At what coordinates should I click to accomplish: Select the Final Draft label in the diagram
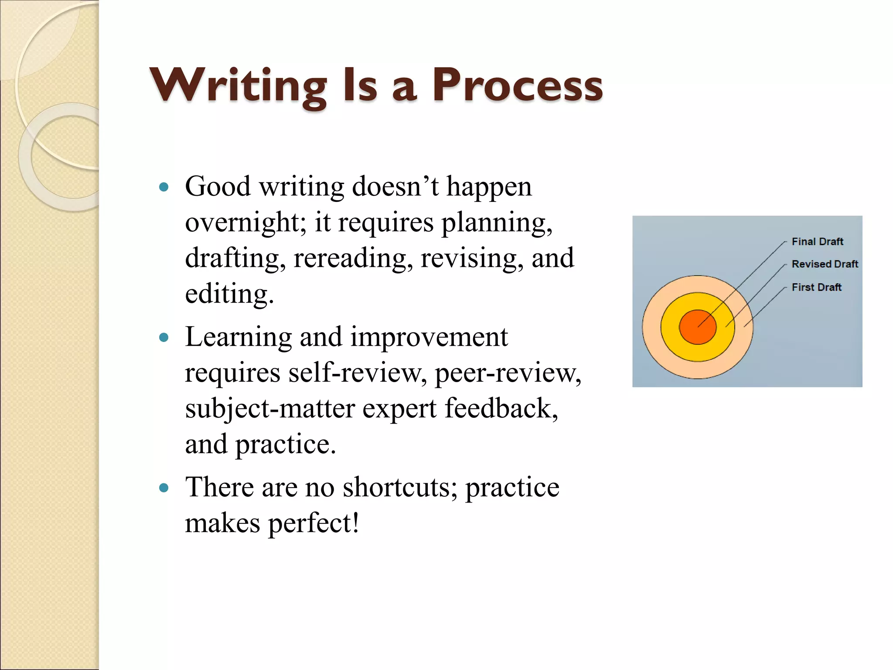(x=817, y=242)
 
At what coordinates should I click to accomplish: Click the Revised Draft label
(x=825, y=264)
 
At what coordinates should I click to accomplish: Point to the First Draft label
(x=816, y=287)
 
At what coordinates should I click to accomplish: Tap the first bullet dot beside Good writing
(x=164, y=188)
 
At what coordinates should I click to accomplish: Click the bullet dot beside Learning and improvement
(x=164, y=338)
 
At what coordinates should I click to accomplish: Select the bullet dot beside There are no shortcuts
(x=164, y=488)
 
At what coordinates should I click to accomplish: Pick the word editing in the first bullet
(x=229, y=294)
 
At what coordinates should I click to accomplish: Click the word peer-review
(x=508, y=373)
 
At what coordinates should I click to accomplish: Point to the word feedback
(x=501, y=409)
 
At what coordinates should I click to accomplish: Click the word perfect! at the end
(x=313, y=523)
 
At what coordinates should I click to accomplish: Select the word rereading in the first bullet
(x=353, y=258)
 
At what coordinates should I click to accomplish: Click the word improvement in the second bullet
(x=429, y=338)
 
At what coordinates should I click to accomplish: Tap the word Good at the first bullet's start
(x=218, y=187)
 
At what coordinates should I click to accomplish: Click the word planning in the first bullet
(x=497, y=222)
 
